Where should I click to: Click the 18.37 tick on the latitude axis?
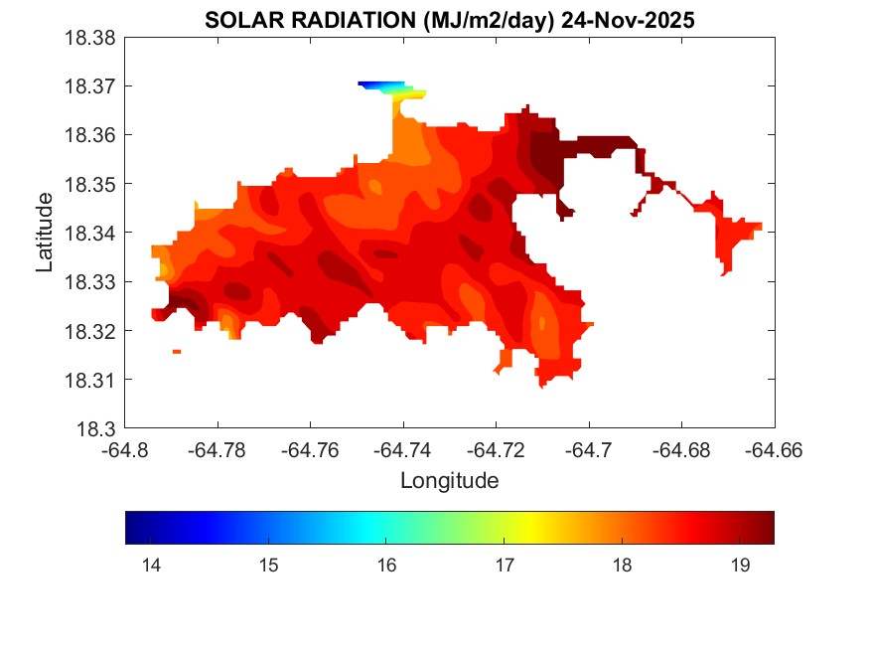[90, 86]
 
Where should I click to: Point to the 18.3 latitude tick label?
[97, 429]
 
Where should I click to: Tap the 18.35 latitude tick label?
[90, 185]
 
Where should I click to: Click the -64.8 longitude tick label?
[125, 449]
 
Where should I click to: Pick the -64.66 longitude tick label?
[775, 449]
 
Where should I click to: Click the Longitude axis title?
[449, 481]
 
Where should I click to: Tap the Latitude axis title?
[45, 234]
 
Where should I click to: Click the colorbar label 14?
[151, 566]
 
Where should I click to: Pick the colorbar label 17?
[504, 566]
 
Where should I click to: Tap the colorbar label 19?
[739, 566]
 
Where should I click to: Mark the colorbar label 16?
[386, 566]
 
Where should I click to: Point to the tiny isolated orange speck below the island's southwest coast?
[177, 352]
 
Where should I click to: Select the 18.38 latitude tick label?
[90, 38]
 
